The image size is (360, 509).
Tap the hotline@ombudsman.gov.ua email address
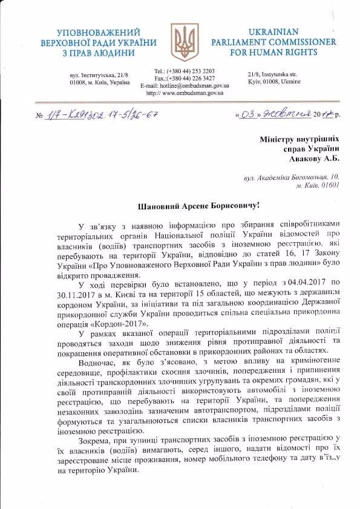(x=194, y=86)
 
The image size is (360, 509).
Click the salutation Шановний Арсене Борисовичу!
(x=180, y=206)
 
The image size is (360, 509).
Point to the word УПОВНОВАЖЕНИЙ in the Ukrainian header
(x=98, y=31)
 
